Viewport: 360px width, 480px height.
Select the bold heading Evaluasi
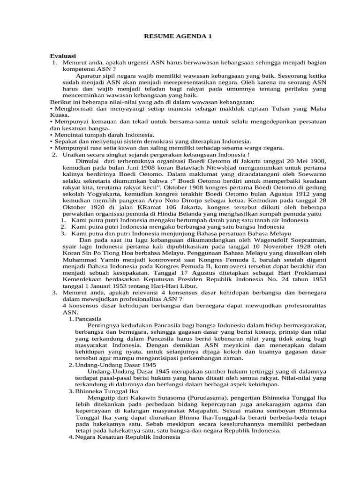63,56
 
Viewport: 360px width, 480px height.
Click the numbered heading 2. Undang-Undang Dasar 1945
112,365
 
